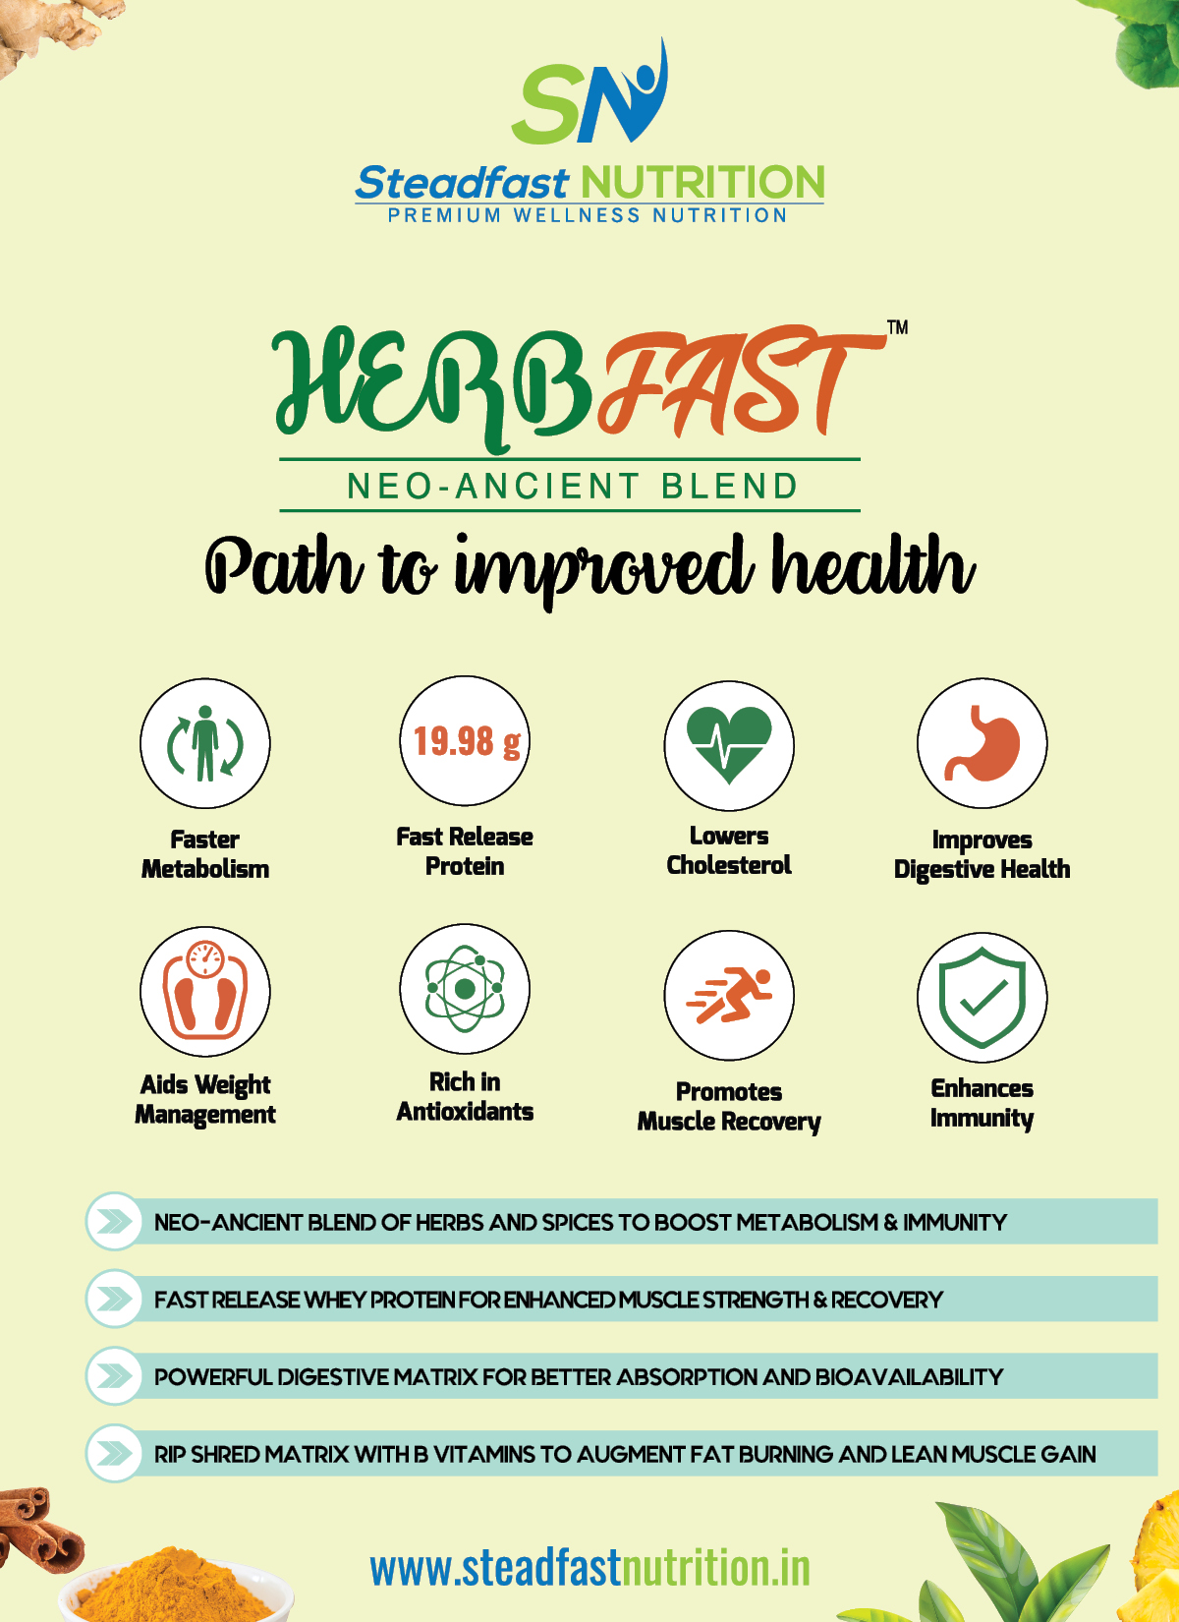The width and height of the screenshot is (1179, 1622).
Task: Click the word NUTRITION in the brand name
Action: pos(702,182)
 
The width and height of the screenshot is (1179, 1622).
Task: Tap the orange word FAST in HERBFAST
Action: pos(738,381)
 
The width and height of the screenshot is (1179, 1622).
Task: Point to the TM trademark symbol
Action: pos(897,327)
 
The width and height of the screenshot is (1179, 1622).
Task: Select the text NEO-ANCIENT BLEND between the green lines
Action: pos(573,486)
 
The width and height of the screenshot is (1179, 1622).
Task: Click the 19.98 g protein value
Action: pos(467,741)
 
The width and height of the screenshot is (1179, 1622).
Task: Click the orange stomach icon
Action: pos(982,743)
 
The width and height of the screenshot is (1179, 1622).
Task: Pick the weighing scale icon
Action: pos(204,991)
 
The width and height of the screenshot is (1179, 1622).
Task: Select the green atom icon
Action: pos(465,988)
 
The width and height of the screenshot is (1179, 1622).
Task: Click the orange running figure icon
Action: pos(729,995)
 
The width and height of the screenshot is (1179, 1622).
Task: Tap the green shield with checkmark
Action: pos(982,997)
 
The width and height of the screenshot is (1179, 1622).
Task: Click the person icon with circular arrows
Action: pos(204,743)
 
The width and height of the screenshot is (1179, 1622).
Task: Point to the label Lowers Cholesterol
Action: pos(729,850)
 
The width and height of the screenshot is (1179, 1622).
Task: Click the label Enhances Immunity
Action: pos(982,1103)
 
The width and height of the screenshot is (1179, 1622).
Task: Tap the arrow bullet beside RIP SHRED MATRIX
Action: pos(114,1453)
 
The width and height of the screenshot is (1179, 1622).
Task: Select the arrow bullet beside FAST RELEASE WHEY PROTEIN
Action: pos(114,1299)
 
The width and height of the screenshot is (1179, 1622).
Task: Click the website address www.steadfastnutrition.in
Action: pos(589,1568)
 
